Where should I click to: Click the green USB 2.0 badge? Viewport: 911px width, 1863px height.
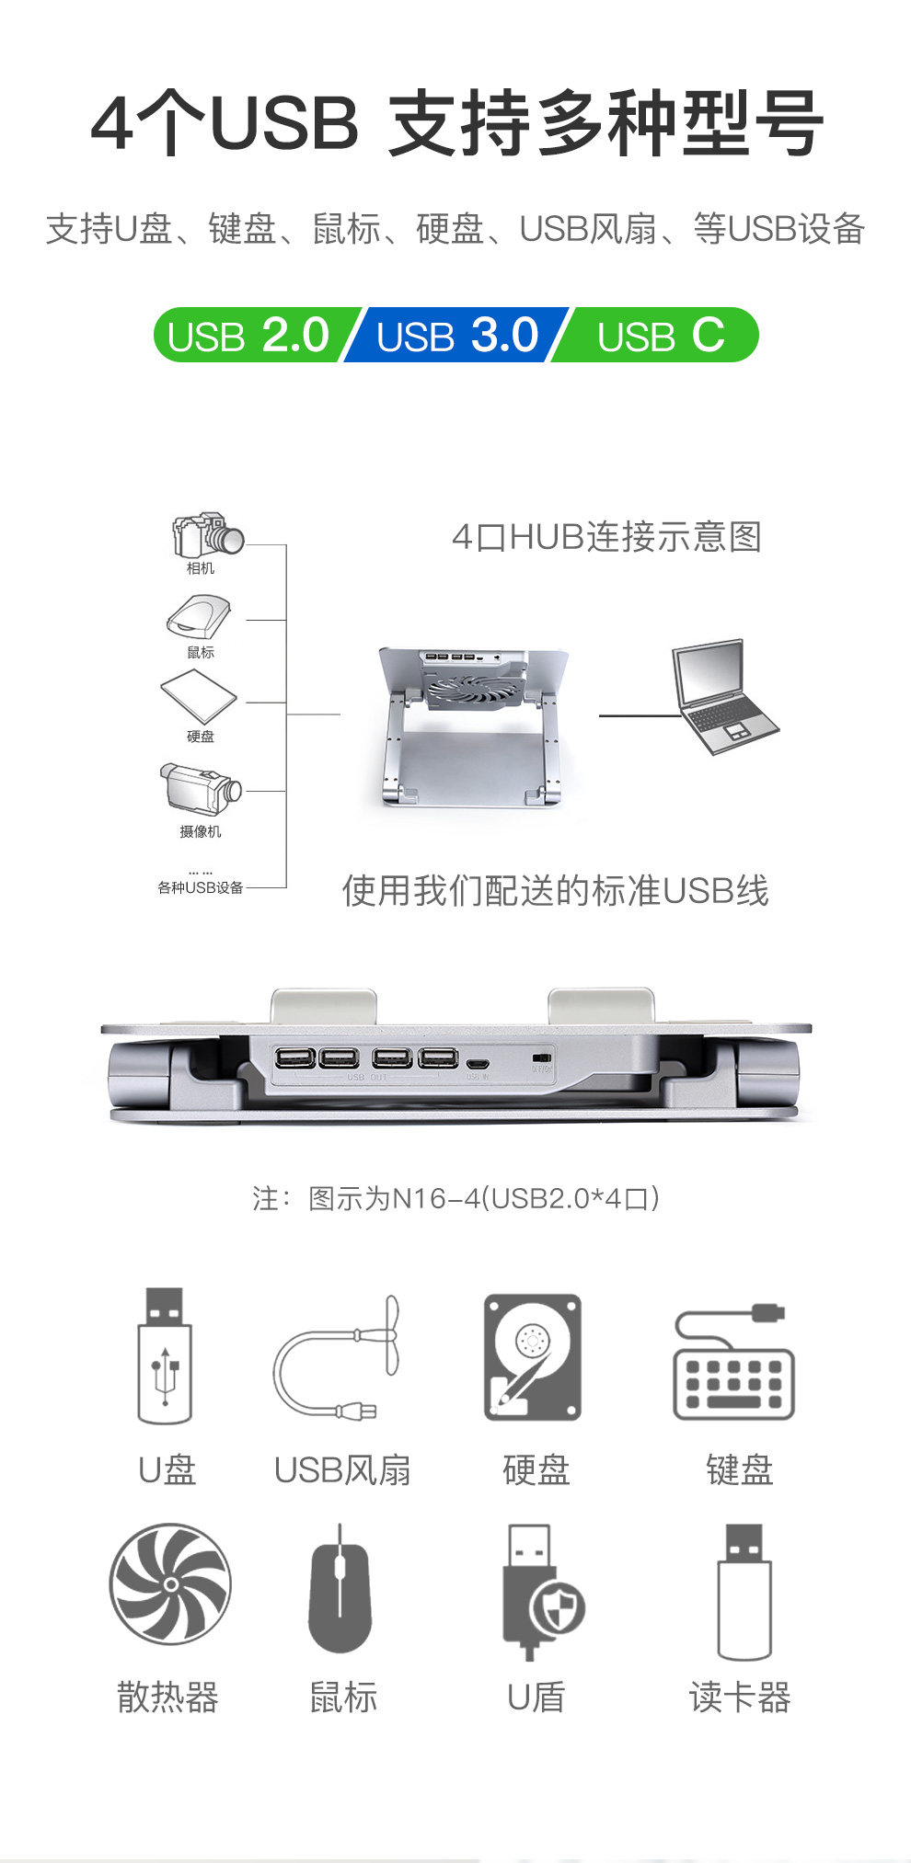(248, 335)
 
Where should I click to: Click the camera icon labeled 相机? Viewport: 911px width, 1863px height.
(207, 535)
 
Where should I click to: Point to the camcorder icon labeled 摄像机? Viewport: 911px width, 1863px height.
(200, 789)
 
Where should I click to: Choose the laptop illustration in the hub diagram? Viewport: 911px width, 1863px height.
(724, 696)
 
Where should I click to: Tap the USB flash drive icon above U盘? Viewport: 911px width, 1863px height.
(165, 1355)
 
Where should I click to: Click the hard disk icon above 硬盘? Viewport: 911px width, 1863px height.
(533, 1356)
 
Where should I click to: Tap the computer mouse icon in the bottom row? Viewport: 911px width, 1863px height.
(340, 1590)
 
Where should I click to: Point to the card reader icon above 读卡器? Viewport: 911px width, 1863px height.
(744, 1591)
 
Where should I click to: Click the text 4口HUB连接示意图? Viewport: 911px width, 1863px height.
(606, 537)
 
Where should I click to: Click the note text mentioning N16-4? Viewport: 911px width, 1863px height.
(455, 1198)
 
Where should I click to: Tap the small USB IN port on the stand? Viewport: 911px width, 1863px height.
(478, 1062)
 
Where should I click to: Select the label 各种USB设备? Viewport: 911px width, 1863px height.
(200, 887)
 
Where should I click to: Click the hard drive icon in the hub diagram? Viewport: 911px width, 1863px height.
(198, 696)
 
